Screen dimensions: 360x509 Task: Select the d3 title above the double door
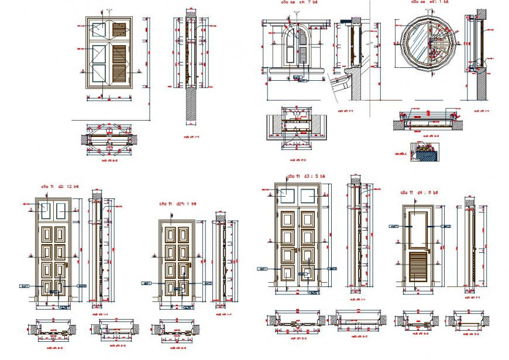click(305, 175)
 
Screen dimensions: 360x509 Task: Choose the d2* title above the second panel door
click(178, 204)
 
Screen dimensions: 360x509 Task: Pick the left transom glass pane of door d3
click(287, 196)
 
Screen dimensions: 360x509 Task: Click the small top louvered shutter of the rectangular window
click(119, 29)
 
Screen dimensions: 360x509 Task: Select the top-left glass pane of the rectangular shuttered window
click(98, 29)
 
